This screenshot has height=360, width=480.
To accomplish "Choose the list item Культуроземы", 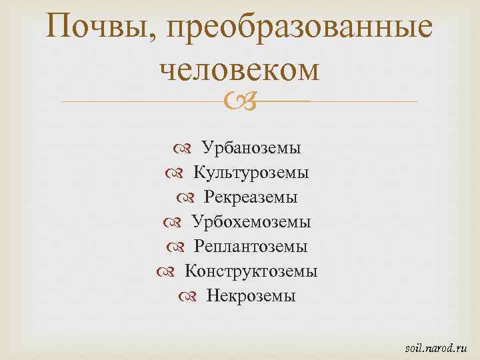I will coord(251,173).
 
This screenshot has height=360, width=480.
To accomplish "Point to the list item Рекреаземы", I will coord(251,197).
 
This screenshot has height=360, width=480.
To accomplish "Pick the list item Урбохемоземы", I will coord(251,221).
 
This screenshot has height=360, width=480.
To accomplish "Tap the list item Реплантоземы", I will coord(251,246).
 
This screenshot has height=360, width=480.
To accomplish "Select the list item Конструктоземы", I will coord(251,271).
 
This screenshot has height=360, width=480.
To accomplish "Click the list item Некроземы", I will coord(251,295).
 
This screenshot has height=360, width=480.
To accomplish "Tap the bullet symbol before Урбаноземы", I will coord(189,148).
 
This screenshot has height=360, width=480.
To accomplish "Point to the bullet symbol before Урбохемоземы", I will coord(178,221).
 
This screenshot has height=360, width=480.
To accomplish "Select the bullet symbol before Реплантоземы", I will coord(180,246).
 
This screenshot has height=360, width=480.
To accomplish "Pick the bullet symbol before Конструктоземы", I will coord(171,271).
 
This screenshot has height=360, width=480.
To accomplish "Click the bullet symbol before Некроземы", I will coord(193,295).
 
